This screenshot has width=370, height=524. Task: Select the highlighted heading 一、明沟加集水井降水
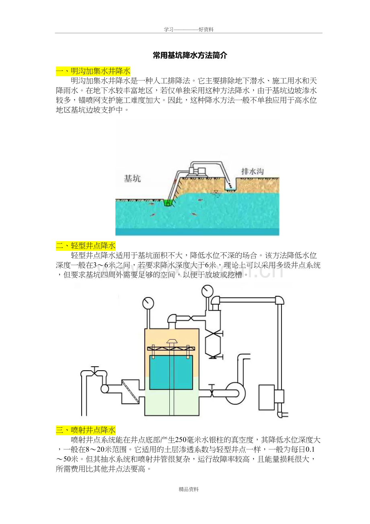(x=93, y=71)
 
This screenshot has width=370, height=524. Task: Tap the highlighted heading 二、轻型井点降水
(x=86, y=246)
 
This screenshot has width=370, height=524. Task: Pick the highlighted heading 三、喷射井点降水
(x=86, y=430)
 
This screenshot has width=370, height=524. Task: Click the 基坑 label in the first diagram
(x=132, y=179)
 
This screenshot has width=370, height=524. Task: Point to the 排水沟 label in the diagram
(x=252, y=171)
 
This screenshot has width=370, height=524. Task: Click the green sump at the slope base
(x=167, y=203)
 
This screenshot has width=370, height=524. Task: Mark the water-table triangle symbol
(x=216, y=192)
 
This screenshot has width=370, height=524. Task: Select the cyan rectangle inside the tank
(x=171, y=372)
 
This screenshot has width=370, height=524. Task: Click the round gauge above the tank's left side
(x=148, y=302)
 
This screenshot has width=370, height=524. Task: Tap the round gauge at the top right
(x=208, y=290)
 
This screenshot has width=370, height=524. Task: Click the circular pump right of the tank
(x=234, y=391)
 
